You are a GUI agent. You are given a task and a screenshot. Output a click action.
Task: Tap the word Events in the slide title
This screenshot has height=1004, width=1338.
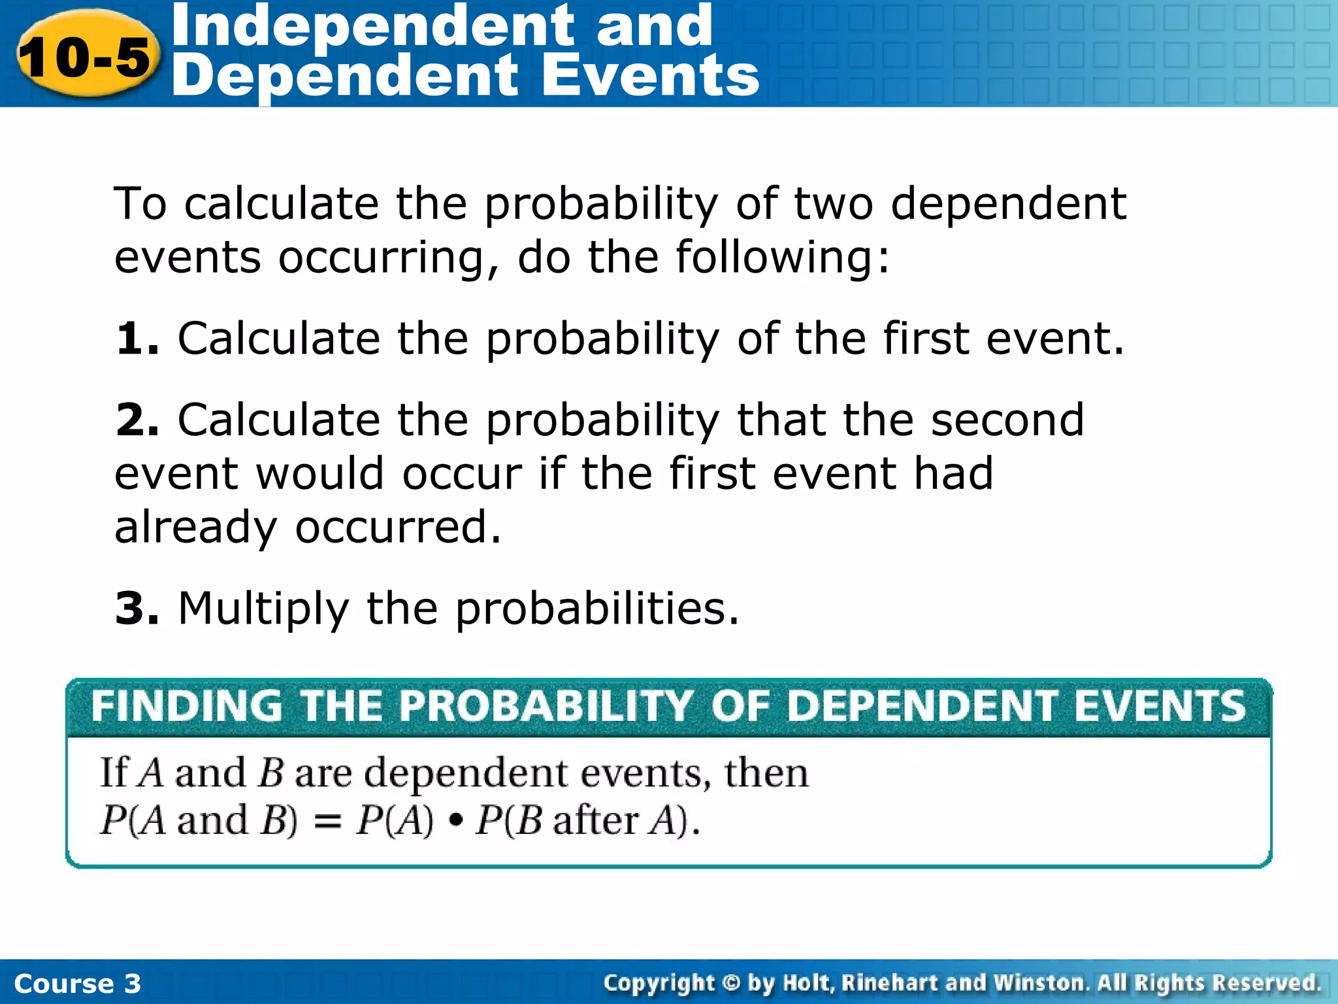point(651,76)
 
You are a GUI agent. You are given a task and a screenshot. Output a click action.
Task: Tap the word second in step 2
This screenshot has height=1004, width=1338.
point(1007,420)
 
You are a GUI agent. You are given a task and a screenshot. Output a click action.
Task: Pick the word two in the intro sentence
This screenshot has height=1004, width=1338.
point(834,203)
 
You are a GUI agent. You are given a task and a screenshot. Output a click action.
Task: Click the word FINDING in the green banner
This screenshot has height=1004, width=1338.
point(187,706)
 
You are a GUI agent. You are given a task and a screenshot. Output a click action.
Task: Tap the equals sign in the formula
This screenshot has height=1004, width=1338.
point(327,821)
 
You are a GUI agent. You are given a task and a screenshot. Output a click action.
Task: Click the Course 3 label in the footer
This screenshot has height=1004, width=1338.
point(77,983)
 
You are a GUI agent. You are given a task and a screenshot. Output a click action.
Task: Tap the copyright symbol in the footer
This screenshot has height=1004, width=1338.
point(731,982)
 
